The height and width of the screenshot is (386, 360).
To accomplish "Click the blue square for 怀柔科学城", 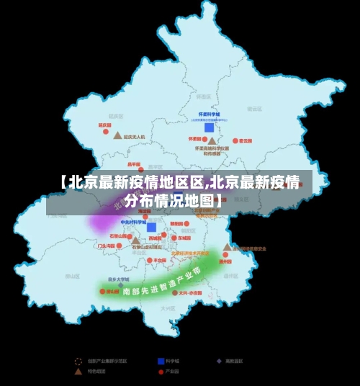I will click(x=209, y=127).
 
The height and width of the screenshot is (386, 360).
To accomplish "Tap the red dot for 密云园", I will click(x=235, y=141).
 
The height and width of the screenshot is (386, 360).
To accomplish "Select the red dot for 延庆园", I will click(x=106, y=130).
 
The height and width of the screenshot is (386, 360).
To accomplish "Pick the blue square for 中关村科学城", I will click(x=151, y=227).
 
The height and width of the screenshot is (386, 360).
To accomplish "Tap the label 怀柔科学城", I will click(x=209, y=115).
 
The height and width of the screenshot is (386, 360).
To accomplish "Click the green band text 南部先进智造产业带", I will click(x=160, y=282).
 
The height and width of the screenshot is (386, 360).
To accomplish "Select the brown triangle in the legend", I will click(x=78, y=372).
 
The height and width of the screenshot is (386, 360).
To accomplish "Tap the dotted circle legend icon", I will click(x=78, y=361).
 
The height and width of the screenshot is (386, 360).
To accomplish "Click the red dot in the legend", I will click(x=161, y=372).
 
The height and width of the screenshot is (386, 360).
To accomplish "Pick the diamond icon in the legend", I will click(x=219, y=361).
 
